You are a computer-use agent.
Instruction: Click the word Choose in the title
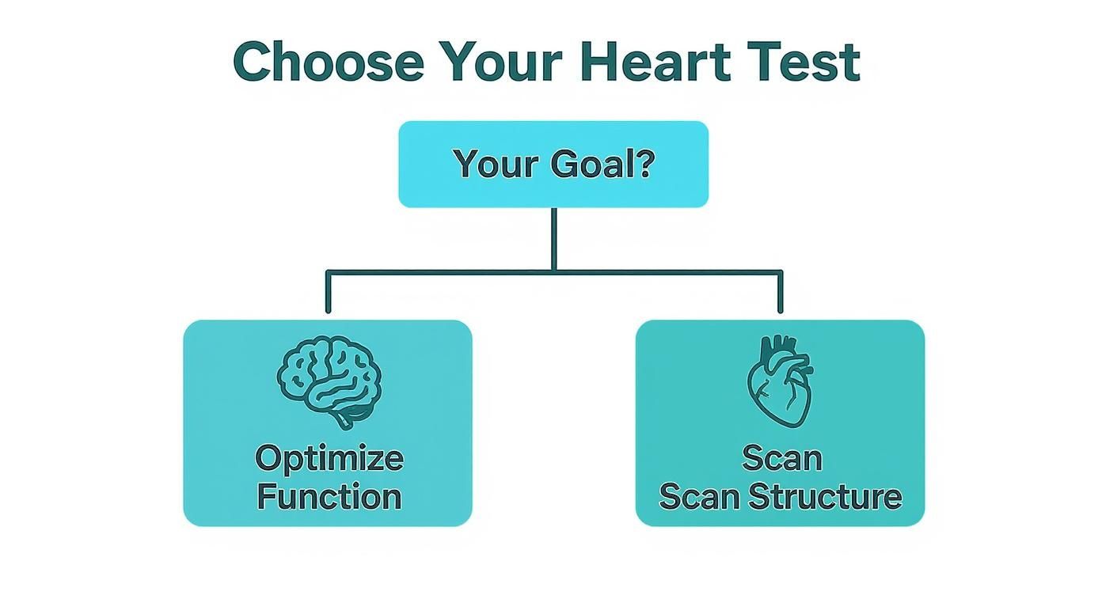click(329, 62)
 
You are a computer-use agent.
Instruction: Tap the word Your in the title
click(500, 62)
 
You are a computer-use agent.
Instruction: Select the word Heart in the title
click(655, 62)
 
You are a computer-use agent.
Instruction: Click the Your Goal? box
click(553, 165)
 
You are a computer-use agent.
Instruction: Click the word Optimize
click(329, 458)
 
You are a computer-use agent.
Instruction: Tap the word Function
click(329, 497)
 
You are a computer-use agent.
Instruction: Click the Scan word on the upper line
click(781, 458)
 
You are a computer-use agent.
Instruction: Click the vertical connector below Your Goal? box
click(553, 237)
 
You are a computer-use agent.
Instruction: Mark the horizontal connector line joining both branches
click(443, 272)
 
